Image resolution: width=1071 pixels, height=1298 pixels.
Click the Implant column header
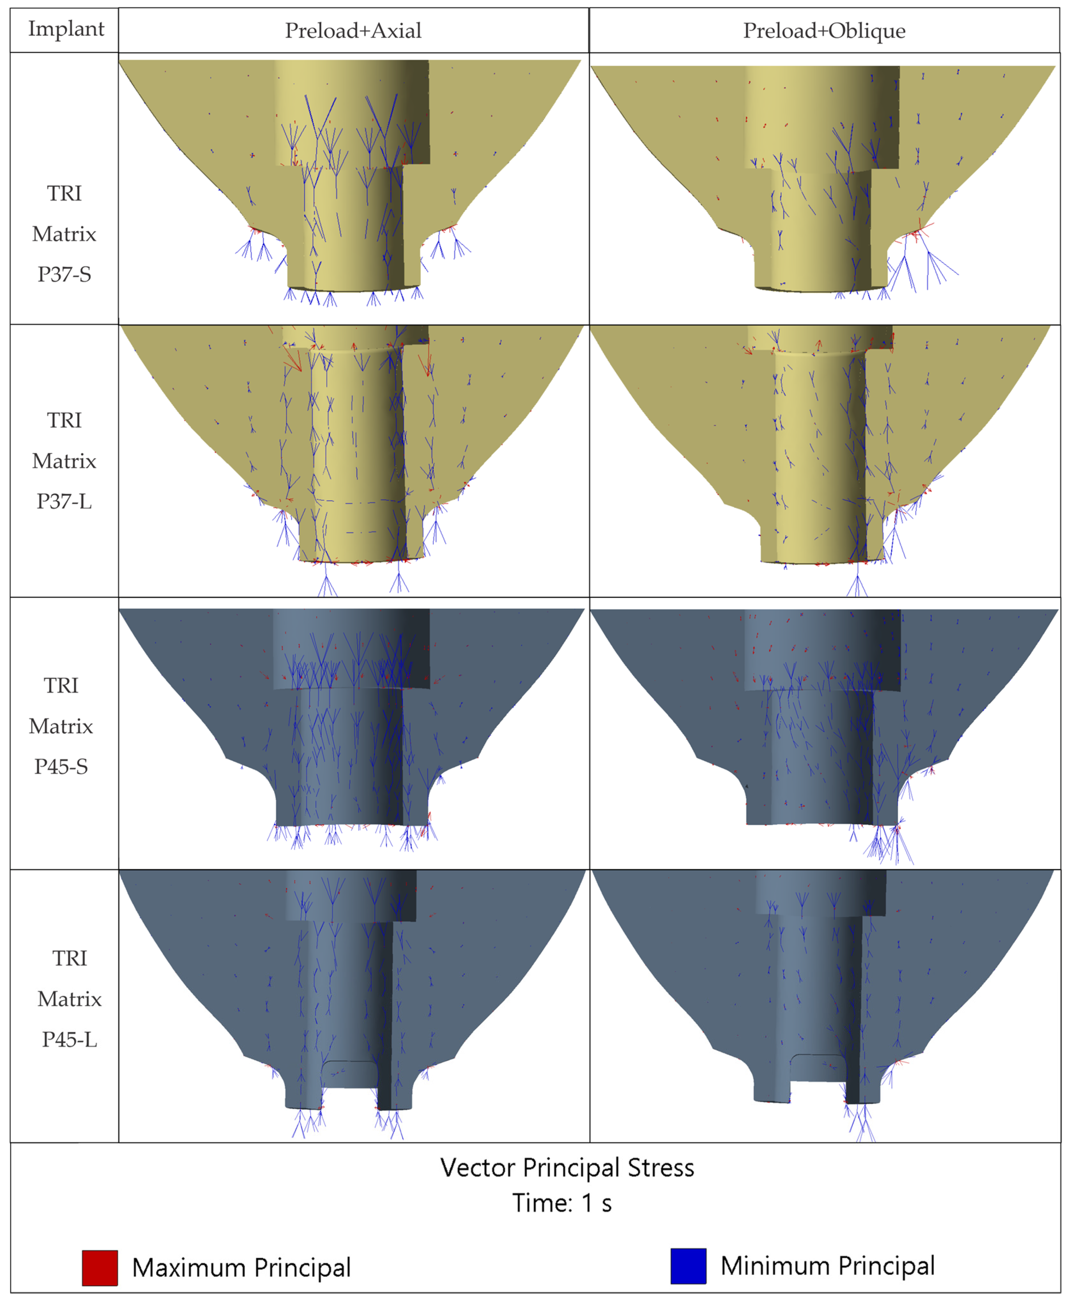pos(66,29)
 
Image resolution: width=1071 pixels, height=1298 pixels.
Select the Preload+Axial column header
pos(353,30)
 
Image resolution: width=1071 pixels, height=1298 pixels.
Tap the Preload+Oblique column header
pos(824,30)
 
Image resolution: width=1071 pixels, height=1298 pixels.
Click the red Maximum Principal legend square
pos(100,1268)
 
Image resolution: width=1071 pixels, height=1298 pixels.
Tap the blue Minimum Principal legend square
pos(688,1266)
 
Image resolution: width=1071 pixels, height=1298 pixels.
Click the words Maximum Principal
pos(241,1268)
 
